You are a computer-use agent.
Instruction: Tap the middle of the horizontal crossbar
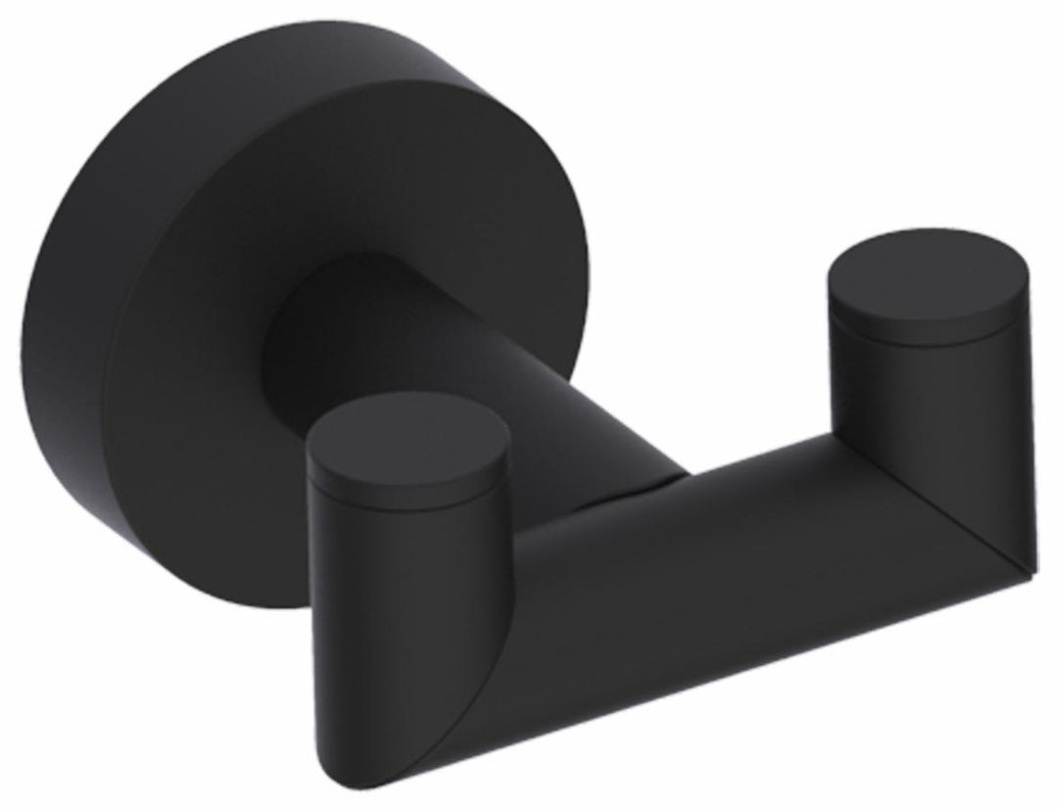(705, 588)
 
